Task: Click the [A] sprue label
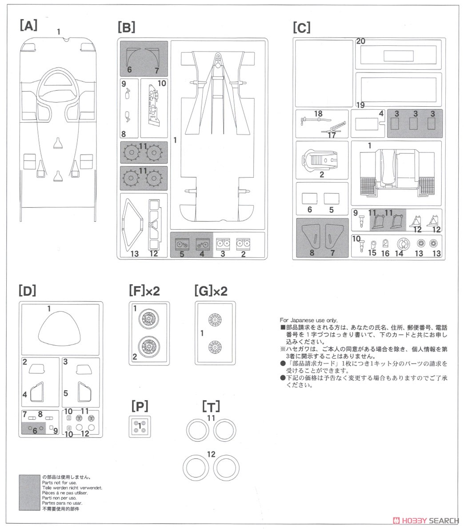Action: [28, 25]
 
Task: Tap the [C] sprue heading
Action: [301, 28]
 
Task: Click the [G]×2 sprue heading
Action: [211, 291]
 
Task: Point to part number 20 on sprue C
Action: [360, 41]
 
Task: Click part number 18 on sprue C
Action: [318, 114]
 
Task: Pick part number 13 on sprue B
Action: [135, 254]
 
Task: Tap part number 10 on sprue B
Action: [162, 83]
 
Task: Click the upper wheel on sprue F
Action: [148, 318]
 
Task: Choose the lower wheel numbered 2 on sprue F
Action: [148, 346]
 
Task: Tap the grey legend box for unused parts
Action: [29, 493]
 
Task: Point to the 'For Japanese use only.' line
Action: [308, 320]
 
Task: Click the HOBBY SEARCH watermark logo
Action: [426, 521]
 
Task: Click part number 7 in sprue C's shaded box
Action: [332, 252]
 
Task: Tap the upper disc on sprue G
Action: [215, 320]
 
